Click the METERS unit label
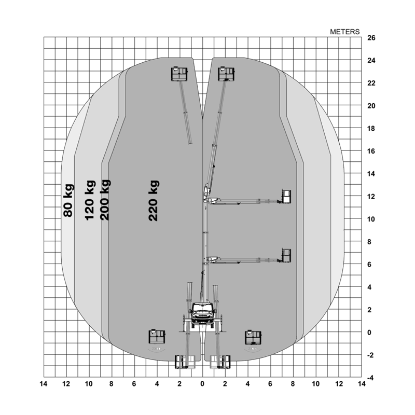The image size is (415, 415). tap(344, 32)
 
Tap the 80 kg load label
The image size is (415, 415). tap(68, 200)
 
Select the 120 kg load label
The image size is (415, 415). tap(90, 200)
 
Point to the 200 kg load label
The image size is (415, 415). tap(105, 200)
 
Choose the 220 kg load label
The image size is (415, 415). tap(154, 201)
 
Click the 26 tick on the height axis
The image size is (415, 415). tap(371, 38)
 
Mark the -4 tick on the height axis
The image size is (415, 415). tap(370, 378)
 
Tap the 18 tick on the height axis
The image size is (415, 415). tap(371, 129)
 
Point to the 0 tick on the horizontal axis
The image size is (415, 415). tap(202, 384)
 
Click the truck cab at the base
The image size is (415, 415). tap(203, 313)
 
